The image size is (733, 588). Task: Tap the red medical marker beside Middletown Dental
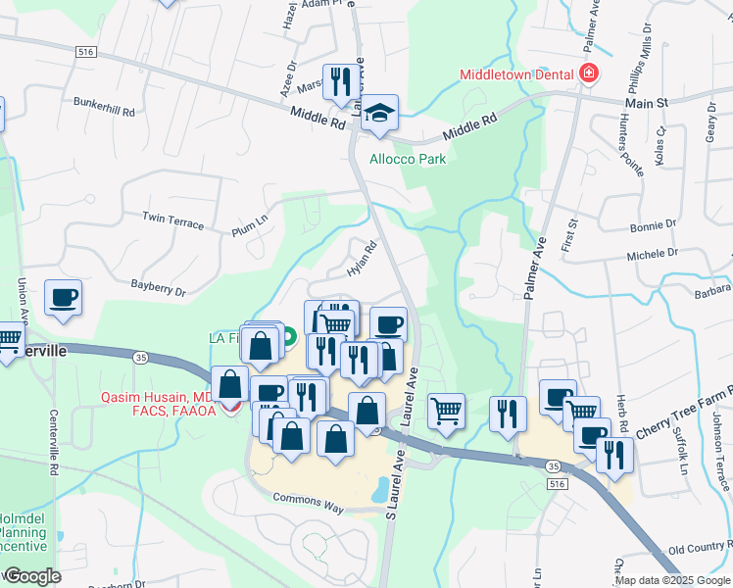coord(588,74)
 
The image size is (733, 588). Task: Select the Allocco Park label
coord(408,159)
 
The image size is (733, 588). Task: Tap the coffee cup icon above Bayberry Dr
coord(64,297)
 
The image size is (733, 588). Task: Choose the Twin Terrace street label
coord(172,220)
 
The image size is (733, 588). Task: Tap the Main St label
coord(647,102)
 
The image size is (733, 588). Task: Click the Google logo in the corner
coord(31,575)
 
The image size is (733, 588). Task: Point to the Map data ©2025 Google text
coord(671,580)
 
